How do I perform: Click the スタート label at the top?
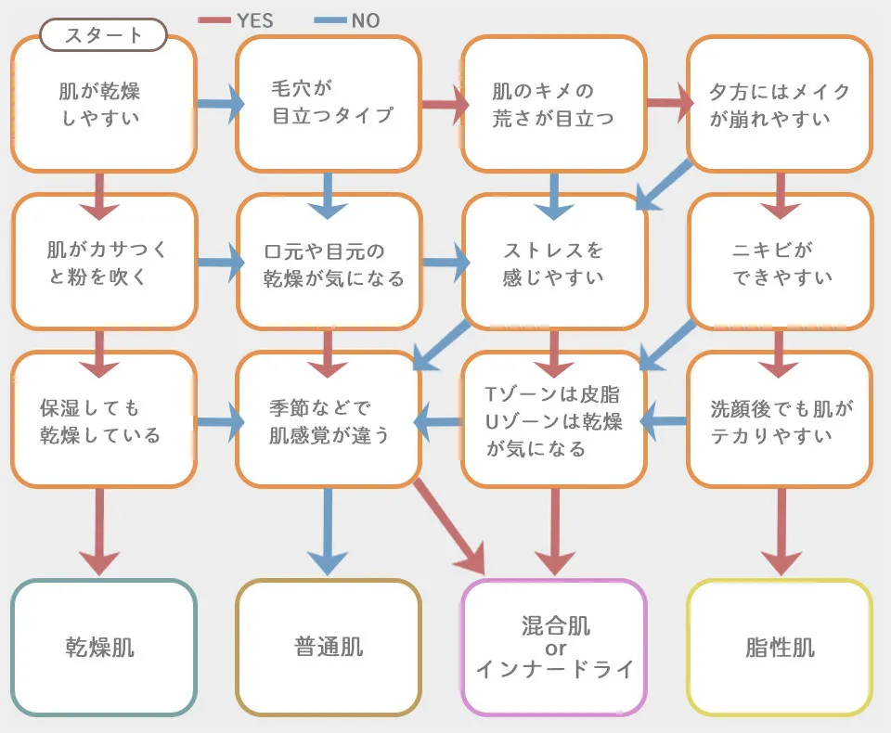tap(103, 36)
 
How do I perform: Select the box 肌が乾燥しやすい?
tap(103, 105)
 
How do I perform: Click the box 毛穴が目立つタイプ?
tap(329, 103)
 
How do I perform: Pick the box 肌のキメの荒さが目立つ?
tap(554, 105)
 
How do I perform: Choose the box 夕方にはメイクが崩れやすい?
tap(779, 105)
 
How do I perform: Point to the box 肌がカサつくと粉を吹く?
tap(103, 264)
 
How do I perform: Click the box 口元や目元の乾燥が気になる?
tap(329, 264)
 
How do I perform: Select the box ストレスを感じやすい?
tap(554, 264)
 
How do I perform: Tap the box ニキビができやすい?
tap(779, 264)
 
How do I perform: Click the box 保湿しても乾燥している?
tap(103, 421)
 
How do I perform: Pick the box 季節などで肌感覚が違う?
tap(329, 421)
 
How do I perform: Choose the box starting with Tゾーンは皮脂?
tap(554, 421)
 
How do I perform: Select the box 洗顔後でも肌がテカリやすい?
tap(779, 421)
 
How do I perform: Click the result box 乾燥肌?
tap(103, 648)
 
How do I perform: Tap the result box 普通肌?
tap(329, 648)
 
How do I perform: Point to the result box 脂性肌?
tap(779, 648)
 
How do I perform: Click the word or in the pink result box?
tap(555, 647)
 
